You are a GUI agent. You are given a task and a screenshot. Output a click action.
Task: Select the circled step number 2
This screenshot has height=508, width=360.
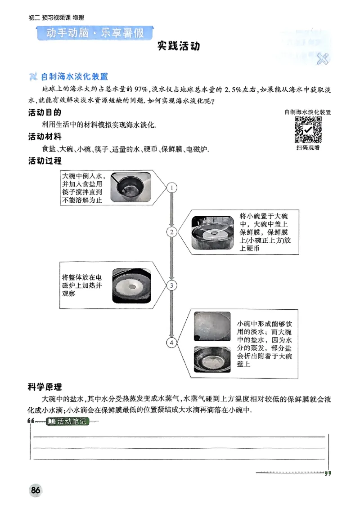[x=171, y=232]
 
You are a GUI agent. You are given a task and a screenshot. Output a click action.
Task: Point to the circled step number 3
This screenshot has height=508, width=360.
[x=171, y=285]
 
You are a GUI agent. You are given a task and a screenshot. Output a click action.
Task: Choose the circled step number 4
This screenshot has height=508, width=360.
[x=171, y=343]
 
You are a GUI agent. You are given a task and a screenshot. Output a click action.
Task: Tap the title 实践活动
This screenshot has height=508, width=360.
[x=179, y=46]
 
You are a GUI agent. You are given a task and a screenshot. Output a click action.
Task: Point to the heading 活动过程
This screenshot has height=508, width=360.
[x=45, y=160]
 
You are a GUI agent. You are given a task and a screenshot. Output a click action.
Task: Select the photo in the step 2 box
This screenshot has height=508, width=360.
[x=213, y=232]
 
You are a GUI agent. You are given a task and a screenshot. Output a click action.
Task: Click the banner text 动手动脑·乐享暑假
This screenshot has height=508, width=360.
[x=94, y=34]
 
